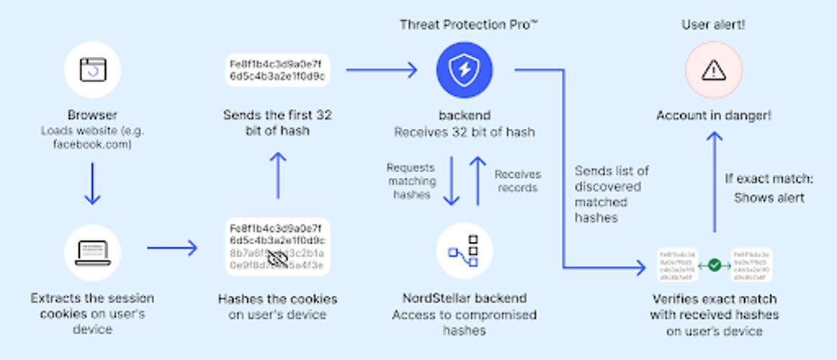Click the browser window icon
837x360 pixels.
91,70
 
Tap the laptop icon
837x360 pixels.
91,251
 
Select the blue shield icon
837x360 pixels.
463,70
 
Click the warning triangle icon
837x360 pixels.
713,70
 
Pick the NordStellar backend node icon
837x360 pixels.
463,251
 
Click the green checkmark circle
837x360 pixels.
714,266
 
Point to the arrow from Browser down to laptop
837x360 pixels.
93,184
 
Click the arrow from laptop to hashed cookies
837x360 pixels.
172,248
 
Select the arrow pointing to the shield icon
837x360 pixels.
381,70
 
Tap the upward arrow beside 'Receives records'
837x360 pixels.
477,180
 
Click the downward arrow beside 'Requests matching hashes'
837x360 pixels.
451,180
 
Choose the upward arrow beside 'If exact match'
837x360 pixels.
714,181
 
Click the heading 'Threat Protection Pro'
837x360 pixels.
469,25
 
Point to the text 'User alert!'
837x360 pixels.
713,25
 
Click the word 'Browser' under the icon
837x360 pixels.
92,115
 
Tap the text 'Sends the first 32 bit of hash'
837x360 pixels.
277,123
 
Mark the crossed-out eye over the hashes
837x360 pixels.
278,258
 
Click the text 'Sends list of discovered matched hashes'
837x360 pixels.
611,194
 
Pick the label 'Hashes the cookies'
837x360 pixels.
277,299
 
